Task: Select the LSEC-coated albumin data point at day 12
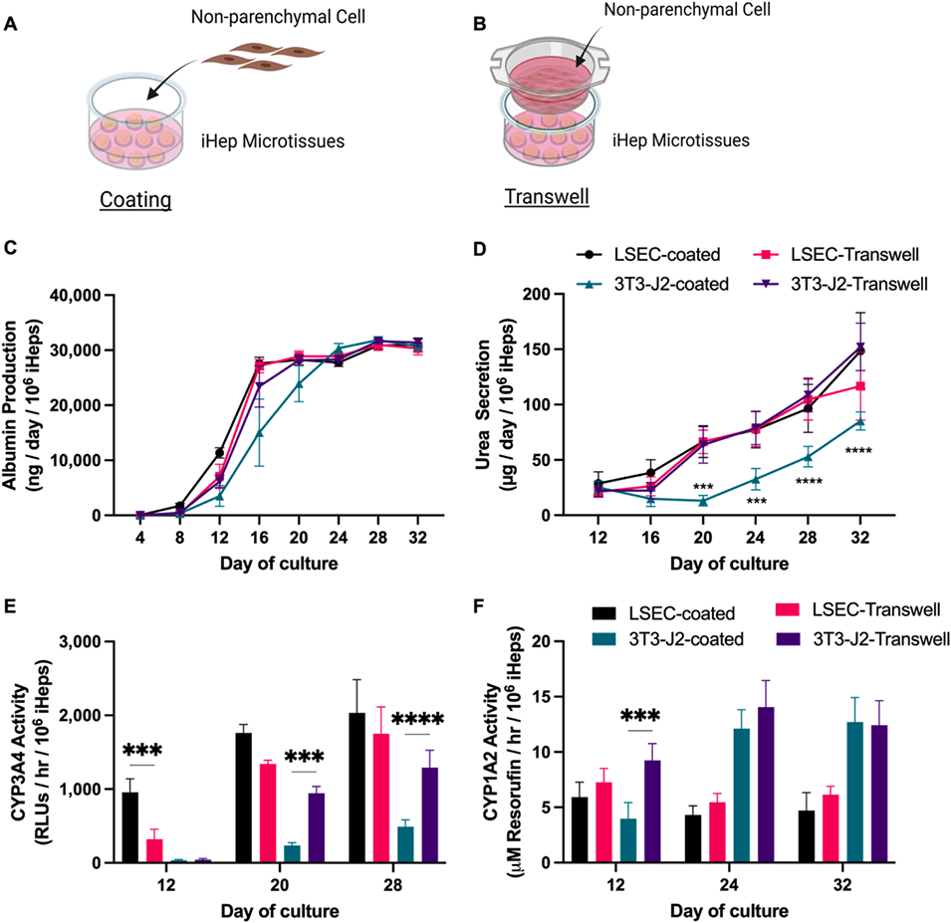click(218, 453)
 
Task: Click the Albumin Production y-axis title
click(26, 405)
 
